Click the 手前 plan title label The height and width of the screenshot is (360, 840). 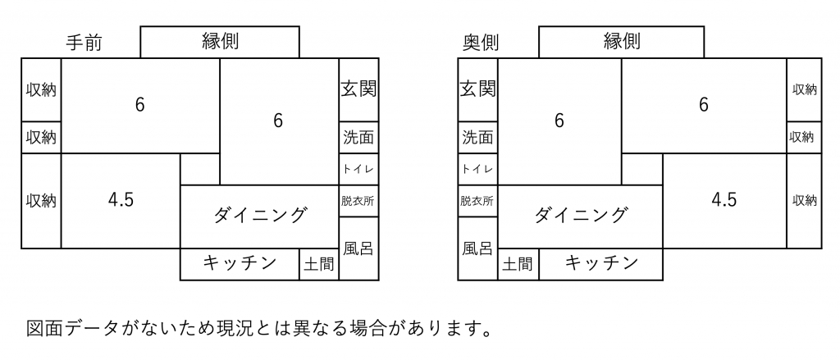84,43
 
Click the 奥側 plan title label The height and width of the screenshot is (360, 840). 481,43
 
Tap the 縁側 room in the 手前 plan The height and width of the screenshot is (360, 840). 220,42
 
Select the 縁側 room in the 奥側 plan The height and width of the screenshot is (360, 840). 621,42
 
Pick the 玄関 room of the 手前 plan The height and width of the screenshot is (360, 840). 359,90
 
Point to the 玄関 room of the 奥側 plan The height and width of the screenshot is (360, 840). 478,90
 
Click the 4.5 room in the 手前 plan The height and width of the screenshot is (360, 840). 121,201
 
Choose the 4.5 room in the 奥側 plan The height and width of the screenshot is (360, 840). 724,201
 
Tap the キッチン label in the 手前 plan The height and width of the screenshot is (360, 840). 240,262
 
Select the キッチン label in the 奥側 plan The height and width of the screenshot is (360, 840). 601,262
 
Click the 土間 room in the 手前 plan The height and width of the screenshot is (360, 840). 319,264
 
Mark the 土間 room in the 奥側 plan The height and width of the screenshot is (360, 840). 518,264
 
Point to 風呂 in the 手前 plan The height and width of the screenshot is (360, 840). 359,248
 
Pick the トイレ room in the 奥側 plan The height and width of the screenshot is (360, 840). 478,169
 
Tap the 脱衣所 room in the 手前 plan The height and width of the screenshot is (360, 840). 359,201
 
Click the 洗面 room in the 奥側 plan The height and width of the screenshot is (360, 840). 478,138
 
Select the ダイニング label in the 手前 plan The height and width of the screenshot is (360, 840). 261,216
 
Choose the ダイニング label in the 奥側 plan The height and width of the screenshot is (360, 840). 581,216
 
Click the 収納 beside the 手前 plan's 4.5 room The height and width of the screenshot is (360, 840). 41,201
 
